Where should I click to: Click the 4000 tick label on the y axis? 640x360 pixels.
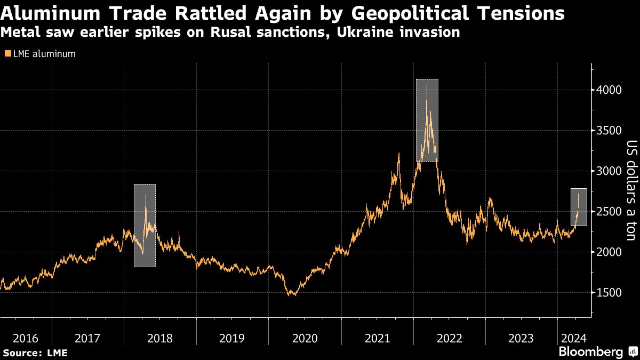point(610,90)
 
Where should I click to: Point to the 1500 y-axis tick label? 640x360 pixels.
point(610,292)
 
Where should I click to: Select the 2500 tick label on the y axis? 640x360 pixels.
point(610,211)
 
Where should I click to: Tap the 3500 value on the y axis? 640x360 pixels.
point(610,130)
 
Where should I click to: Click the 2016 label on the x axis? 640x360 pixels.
point(26,338)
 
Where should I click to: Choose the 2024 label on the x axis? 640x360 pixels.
point(574,338)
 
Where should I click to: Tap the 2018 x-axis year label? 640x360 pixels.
point(159,338)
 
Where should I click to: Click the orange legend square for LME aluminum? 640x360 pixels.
point(7,53)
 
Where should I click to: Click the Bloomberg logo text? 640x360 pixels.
point(590,351)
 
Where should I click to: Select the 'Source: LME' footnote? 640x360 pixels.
point(35,353)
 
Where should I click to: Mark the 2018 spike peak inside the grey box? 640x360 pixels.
point(145,194)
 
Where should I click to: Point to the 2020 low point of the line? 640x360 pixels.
point(292,295)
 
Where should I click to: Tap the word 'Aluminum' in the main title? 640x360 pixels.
point(53,13)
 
